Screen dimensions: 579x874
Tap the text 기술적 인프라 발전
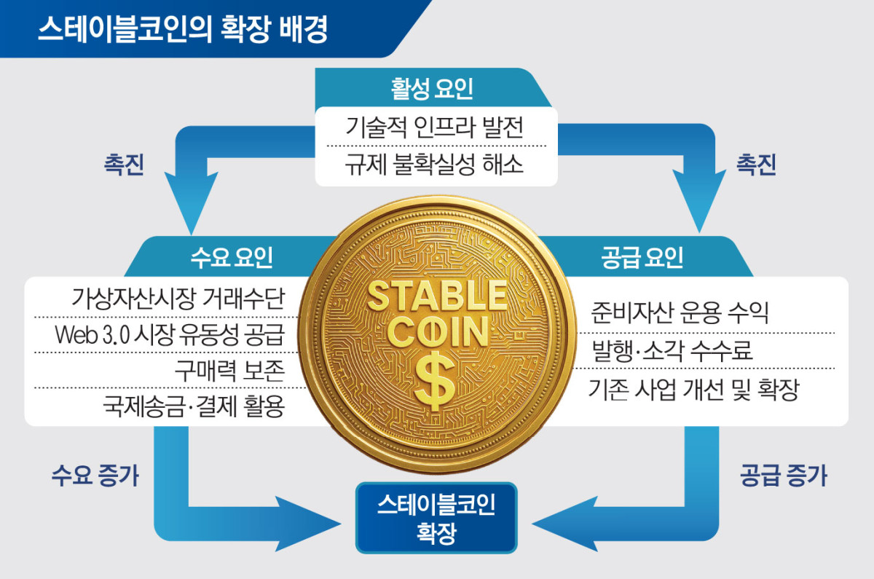[x=435, y=127]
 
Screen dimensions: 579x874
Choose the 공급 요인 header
[x=643, y=256]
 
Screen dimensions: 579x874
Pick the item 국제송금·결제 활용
[x=192, y=408]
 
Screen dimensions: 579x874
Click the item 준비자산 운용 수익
[x=681, y=313]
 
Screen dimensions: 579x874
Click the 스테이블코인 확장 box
[x=436, y=517]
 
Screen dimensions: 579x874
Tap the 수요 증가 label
[x=95, y=476]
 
